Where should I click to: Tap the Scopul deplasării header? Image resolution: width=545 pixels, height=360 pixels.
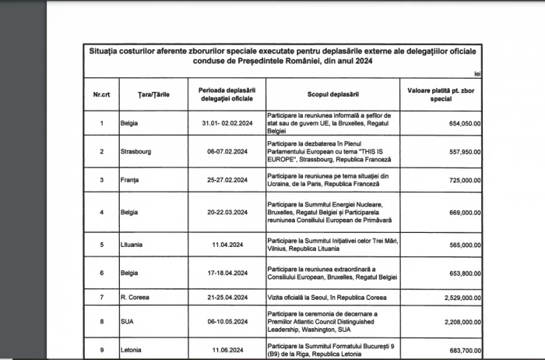[x=332, y=94]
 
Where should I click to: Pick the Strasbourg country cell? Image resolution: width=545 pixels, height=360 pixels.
[x=137, y=151]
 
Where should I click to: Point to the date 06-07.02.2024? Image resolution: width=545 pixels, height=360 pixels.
[x=223, y=151]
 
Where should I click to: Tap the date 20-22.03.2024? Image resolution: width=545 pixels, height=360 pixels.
[x=223, y=212]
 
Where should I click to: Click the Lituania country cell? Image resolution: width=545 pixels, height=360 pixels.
[x=133, y=245]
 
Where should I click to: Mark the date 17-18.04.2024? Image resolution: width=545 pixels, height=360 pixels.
[x=223, y=274]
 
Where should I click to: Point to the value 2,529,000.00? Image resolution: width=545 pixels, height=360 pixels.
[x=457, y=298]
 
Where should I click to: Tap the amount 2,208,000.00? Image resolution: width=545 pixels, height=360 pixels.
[x=457, y=319]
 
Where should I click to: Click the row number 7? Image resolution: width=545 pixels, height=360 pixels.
[x=101, y=298]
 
